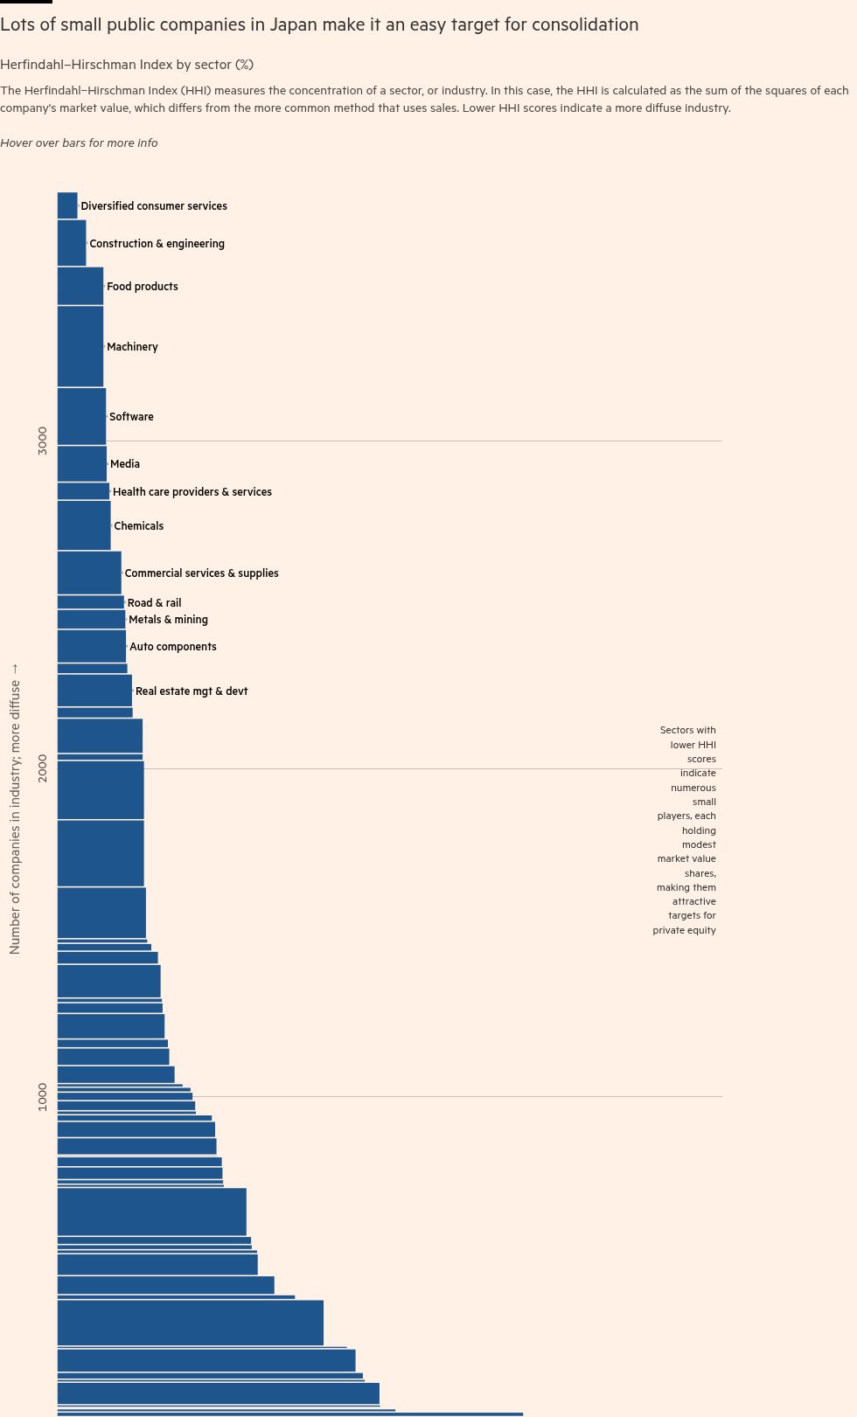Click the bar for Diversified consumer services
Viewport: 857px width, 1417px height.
pyautogui.click(x=67, y=205)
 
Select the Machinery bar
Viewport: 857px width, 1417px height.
pyautogui.click(x=80, y=346)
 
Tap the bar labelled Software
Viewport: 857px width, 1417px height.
pyautogui.click(x=81, y=416)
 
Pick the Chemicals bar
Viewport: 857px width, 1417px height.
pyautogui.click(x=84, y=525)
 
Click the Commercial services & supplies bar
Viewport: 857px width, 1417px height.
pyautogui.click(x=89, y=573)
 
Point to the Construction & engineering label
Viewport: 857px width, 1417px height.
pyautogui.click(x=157, y=244)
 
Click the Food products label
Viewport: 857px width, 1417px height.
pyautogui.click(x=143, y=287)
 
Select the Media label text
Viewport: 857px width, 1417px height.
pyautogui.click(x=125, y=464)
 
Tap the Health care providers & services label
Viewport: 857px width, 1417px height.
pyautogui.click(x=192, y=492)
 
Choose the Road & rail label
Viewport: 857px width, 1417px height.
pyautogui.click(x=155, y=603)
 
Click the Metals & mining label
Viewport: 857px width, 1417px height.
pyautogui.click(x=168, y=620)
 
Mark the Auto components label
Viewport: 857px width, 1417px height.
pyautogui.click(x=173, y=647)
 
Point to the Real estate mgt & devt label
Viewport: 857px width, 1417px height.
pyautogui.click(x=192, y=691)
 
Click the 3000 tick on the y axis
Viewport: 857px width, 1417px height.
pyautogui.click(x=43, y=441)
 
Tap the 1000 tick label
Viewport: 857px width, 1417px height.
pyautogui.click(x=43, y=1096)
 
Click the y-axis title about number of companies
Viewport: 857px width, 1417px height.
pyautogui.click(x=15, y=809)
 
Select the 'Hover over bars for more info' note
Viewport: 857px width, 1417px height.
pyautogui.click(x=79, y=142)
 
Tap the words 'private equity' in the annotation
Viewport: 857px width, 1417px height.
pyautogui.click(x=684, y=930)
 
